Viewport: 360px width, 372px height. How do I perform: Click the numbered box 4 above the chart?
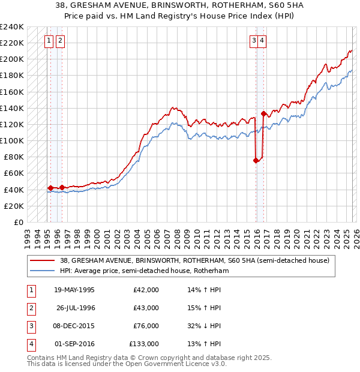click(x=263, y=41)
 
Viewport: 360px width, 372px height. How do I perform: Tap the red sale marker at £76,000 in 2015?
click(x=256, y=160)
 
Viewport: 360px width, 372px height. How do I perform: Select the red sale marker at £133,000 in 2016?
click(x=263, y=114)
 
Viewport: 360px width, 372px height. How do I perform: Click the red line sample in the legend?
click(x=42, y=261)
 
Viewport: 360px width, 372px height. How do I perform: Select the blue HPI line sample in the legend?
click(x=42, y=271)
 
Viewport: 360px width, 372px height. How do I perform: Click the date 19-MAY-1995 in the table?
click(x=74, y=290)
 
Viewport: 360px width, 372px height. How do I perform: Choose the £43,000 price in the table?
click(x=146, y=308)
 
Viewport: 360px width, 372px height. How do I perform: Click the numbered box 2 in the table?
click(x=31, y=308)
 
